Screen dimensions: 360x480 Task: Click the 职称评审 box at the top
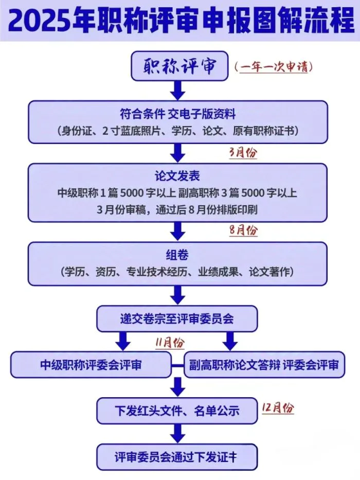pos(179,66)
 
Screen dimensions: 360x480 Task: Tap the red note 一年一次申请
pos(274,66)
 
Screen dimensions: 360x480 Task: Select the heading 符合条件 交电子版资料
pos(177,114)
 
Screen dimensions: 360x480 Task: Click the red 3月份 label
pos(243,153)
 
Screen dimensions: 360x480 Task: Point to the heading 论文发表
pos(177,176)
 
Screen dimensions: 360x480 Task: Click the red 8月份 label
pos(244,230)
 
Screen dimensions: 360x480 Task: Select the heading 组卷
pos(177,255)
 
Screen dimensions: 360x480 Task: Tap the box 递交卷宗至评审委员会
pos(177,318)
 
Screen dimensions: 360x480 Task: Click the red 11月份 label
pos(170,343)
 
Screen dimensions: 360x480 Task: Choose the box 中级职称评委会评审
pos(91,365)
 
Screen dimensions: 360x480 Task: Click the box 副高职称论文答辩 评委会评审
pos(264,365)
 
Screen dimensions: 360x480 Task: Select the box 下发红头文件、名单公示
pos(177,411)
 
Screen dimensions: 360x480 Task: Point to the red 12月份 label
pos(278,408)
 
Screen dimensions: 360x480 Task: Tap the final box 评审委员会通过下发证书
pos(177,457)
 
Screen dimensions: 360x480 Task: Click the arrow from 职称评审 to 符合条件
pos(177,91)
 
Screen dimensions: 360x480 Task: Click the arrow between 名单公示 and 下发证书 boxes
pos(177,434)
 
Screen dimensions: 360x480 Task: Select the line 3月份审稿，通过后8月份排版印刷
pos(177,210)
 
